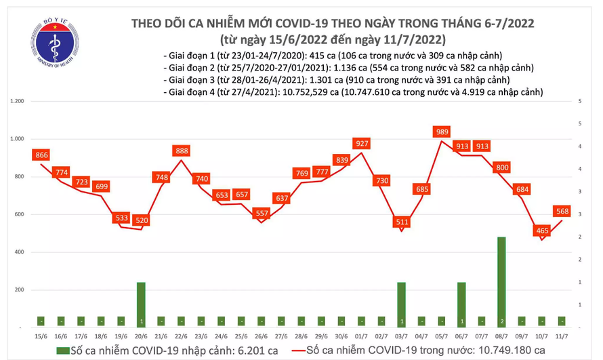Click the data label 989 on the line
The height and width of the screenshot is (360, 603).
click(x=442, y=132)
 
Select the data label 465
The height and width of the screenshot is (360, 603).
click(x=542, y=231)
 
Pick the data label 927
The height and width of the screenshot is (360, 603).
click(x=361, y=143)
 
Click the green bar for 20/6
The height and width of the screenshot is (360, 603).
click(x=141, y=304)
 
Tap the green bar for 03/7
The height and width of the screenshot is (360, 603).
click(x=401, y=304)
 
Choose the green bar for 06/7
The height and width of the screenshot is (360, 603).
click(x=461, y=304)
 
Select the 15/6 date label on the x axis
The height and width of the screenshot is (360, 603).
click(x=41, y=336)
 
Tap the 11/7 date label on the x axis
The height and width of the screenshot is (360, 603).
click(x=562, y=336)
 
